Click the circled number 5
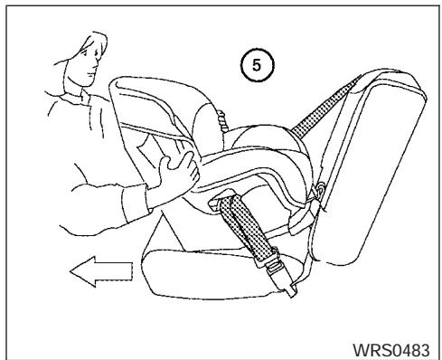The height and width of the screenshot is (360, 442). click(259, 66)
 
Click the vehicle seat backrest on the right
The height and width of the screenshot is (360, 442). click(375, 163)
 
